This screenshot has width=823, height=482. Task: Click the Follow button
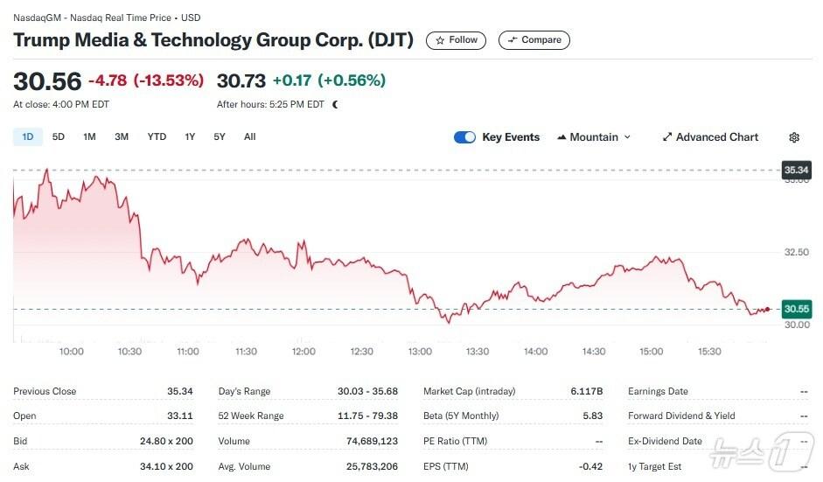(456, 40)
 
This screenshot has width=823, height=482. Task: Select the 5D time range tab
(59, 136)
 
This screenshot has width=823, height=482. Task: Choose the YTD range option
(157, 136)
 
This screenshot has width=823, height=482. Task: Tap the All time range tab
(250, 136)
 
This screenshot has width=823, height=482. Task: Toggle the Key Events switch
(464, 137)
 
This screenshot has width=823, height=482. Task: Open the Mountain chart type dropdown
(594, 137)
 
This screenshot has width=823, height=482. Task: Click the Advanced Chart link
(710, 137)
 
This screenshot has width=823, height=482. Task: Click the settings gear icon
(794, 137)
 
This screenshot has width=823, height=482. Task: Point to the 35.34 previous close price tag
(796, 170)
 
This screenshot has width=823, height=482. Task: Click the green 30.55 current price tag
(796, 309)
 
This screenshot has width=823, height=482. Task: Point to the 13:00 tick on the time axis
(420, 352)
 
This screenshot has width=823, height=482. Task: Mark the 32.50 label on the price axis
(796, 252)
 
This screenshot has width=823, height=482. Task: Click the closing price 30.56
(47, 81)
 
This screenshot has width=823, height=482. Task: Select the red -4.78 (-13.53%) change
(146, 81)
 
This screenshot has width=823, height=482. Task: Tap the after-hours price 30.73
(241, 81)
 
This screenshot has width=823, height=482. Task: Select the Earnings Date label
(658, 391)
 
